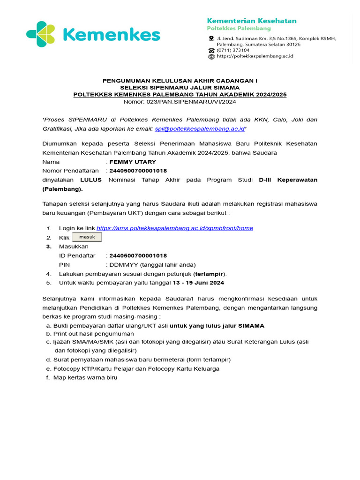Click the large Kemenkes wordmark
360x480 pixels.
coord(111,35)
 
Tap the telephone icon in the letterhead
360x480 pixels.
coord(211,50)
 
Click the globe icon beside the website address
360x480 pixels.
coord(211,56)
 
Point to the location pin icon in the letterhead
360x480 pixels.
coord(211,38)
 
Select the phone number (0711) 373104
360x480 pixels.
coord(233,50)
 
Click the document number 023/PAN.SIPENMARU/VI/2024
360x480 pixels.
coord(180,101)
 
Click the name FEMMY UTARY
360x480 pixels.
coord(133,162)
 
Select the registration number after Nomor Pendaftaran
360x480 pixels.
coord(138,171)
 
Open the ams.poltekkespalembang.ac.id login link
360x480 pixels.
coord(174,228)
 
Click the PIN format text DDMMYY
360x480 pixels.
coord(120,264)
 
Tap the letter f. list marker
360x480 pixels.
coord(48,377)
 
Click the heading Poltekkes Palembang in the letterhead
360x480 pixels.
coord(239,29)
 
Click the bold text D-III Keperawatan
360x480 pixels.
coord(288,180)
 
